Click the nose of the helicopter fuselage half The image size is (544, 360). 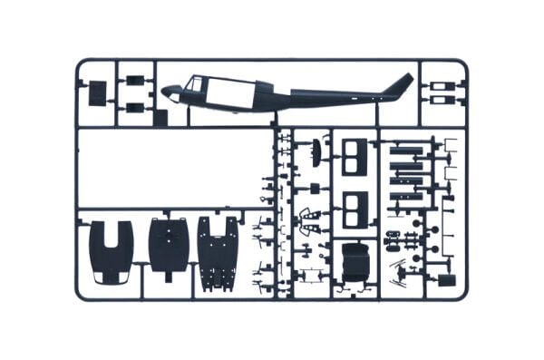(x=170, y=91)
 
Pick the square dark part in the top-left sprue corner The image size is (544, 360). (x=97, y=91)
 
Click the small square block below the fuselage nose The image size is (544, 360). (x=160, y=116)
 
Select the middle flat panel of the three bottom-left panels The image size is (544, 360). (x=168, y=244)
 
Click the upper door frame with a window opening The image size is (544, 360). (x=355, y=154)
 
